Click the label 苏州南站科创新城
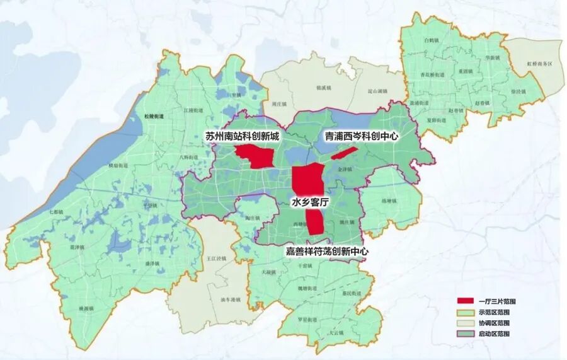(x=242, y=136)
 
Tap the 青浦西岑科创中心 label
(x=362, y=136)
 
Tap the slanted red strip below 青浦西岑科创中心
(x=344, y=153)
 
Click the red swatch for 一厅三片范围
(x=467, y=302)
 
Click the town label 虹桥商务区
(x=539, y=64)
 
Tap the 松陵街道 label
(x=145, y=117)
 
